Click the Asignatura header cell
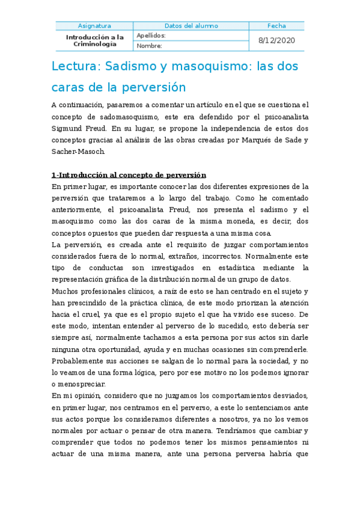coord(94,26)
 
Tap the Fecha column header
coord(277,26)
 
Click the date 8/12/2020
coord(277,40)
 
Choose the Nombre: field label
coord(150,46)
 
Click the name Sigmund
coord(69,128)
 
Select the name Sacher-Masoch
coord(78,152)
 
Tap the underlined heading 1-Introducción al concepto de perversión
coord(129,175)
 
